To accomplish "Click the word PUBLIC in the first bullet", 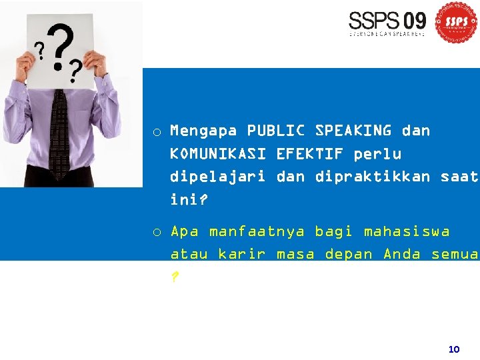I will coord(276,131).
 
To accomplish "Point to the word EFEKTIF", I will coord(309,154).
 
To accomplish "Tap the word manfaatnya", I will coord(257,232).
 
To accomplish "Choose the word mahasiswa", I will coord(406,232).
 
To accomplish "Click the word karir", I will coord(242,255).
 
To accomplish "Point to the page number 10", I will coord(454,349).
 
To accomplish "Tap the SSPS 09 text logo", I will coord(387,23).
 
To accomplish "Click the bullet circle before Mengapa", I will coord(156,132).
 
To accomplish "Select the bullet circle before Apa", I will coord(156,233).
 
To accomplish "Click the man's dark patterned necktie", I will coord(59,133).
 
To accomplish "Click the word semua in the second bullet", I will coord(455,255).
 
